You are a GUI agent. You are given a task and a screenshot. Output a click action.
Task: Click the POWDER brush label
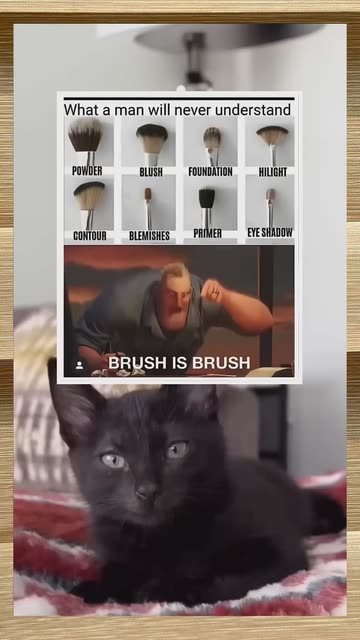click(87, 171)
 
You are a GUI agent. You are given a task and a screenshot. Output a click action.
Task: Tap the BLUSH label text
click(151, 172)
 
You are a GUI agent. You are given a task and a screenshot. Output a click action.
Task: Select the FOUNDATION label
click(210, 171)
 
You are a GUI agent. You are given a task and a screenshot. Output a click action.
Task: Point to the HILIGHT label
click(273, 172)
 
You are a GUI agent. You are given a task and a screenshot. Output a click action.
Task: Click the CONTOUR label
click(90, 236)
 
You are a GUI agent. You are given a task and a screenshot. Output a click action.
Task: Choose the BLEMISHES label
click(149, 236)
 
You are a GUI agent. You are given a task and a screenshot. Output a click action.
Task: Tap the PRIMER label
click(207, 233)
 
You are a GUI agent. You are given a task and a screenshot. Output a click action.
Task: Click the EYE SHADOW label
click(270, 232)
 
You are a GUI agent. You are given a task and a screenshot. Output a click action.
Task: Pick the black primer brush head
click(207, 198)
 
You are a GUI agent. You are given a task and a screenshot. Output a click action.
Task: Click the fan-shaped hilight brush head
click(272, 135)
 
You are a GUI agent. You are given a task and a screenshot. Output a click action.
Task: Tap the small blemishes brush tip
click(148, 194)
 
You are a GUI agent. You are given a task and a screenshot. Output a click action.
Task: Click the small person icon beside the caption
click(80, 364)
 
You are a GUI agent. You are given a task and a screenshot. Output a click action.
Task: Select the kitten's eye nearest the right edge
click(178, 449)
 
